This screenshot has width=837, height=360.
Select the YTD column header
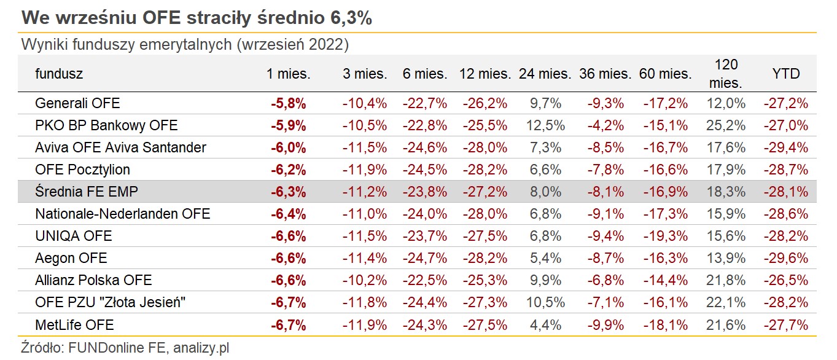click(x=785, y=74)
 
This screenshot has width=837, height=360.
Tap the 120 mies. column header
click(x=726, y=74)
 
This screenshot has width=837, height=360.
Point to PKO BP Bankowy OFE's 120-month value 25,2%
click(x=726, y=125)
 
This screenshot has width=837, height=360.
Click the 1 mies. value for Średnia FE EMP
click(x=288, y=192)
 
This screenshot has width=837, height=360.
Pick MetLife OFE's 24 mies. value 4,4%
click(x=545, y=324)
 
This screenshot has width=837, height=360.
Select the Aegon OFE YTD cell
click(x=785, y=258)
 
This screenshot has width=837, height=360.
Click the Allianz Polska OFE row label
click(x=93, y=280)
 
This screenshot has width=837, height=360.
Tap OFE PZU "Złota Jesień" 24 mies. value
click(x=545, y=302)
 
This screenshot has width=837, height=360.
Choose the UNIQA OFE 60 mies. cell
click(x=665, y=236)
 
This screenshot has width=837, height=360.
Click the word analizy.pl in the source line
click(x=201, y=348)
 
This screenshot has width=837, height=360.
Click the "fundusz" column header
click(x=59, y=74)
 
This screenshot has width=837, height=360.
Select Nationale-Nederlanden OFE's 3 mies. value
click(x=365, y=214)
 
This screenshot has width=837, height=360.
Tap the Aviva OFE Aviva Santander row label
click(x=121, y=147)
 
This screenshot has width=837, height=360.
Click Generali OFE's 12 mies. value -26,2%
click(x=485, y=103)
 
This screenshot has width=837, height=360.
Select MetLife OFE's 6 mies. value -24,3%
click(x=425, y=324)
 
